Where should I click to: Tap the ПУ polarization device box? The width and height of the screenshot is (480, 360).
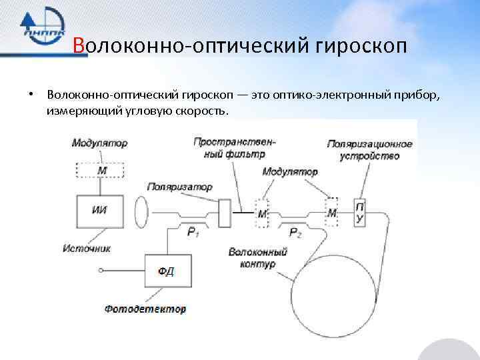(360, 212)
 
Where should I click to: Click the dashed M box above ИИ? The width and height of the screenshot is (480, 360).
(101, 170)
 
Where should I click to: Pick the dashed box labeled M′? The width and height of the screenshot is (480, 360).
(261, 213)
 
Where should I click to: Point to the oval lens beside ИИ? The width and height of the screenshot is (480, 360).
(141, 212)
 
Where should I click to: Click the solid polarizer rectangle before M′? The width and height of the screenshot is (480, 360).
(225, 213)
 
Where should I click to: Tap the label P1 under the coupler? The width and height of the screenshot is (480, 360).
(193, 231)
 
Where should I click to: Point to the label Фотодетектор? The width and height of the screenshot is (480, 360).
(145, 309)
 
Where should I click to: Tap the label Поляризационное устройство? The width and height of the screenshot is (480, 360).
(370, 150)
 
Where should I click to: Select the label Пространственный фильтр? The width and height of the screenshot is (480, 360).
(235, 147)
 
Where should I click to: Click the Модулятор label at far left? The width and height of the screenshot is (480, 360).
(99, 143)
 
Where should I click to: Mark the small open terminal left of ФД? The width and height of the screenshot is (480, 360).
(101, 270)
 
